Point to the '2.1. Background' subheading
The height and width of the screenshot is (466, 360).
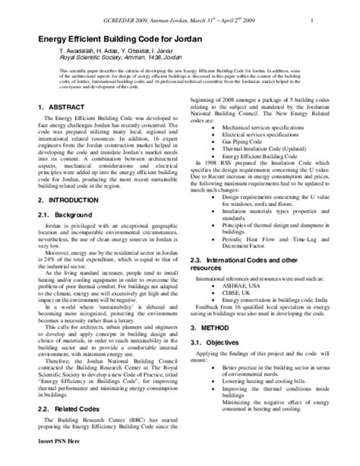(x=65, y=215)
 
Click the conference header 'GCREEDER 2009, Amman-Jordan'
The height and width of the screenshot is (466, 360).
(x=175, y=10)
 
